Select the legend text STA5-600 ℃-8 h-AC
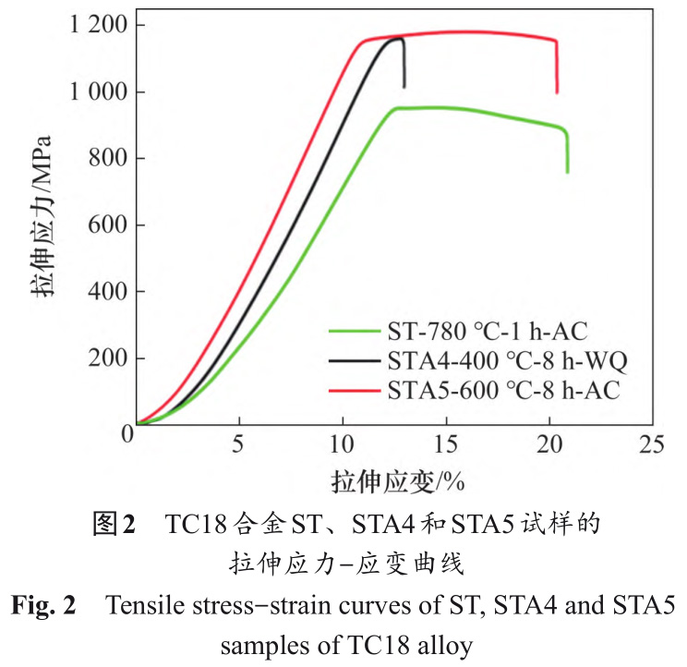[495, 391]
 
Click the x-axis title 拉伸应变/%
[397, 482]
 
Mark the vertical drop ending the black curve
[404, 65]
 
